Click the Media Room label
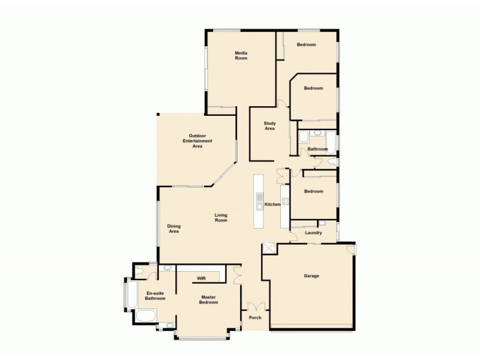click(241, 56)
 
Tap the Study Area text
click(270, 126)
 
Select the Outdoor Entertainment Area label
click(197, 141)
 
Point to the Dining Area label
click(173, 229)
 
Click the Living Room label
click(221, 218)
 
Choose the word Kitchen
click(272, 205)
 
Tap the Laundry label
click(313, 233)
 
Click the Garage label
click(311, 276)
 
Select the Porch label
click(255, 317)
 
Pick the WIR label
click(201, 278)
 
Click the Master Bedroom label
click(209, 300)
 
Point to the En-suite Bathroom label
click(155, 296)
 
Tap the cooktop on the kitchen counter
click(285, 201)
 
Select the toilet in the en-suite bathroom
click(140, 272)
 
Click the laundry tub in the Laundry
click(322, 224)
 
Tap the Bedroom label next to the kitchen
click(313, 191)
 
